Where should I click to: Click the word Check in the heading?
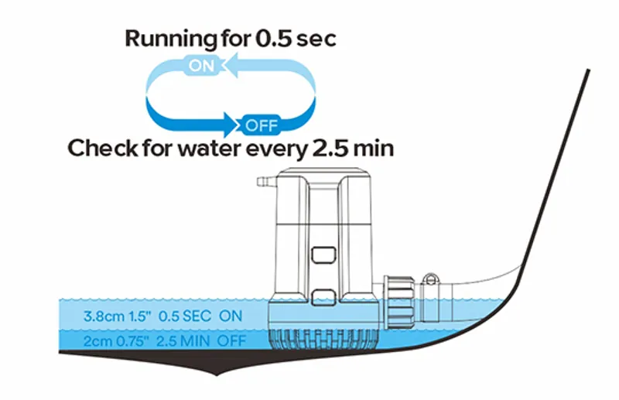pos(100,149)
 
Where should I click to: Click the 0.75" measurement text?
pos(136,341)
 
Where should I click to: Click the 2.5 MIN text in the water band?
pos(186,341)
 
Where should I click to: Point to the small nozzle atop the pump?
pos(263,183)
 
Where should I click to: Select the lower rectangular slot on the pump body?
pos(323,295)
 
